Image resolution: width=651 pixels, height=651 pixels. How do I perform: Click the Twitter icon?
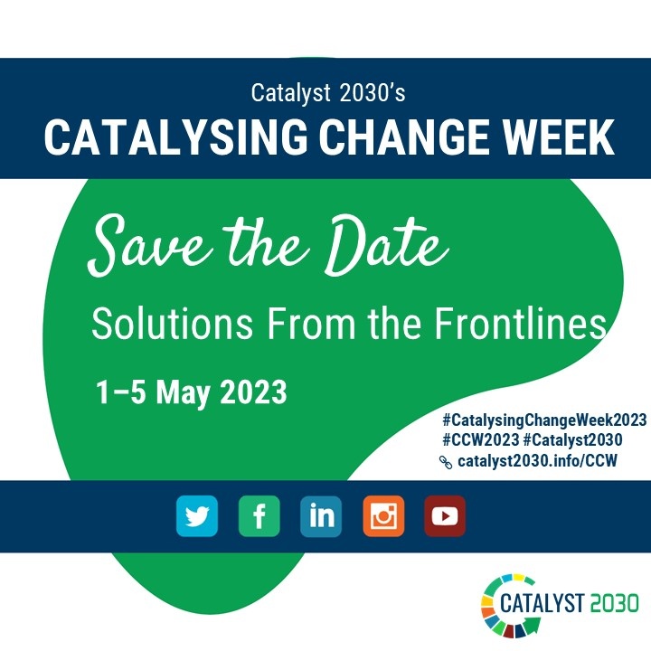[x=196, y=516]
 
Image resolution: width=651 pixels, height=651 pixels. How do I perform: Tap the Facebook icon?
[x=259, y=516]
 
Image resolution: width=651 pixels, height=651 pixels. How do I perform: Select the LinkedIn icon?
[x=321, y=516]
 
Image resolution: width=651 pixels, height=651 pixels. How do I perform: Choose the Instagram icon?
[x=383, y=516]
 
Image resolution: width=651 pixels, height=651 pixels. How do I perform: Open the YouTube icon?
[x=445, y=516]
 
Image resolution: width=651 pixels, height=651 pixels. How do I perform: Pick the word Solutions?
[x=165, y=323]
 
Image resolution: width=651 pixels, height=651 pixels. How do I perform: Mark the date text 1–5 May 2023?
[x=192, y=392]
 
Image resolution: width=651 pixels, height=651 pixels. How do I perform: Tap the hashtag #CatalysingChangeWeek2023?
[x=544, y=420]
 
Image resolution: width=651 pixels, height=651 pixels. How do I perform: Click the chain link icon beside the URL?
[x=445, y=461]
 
